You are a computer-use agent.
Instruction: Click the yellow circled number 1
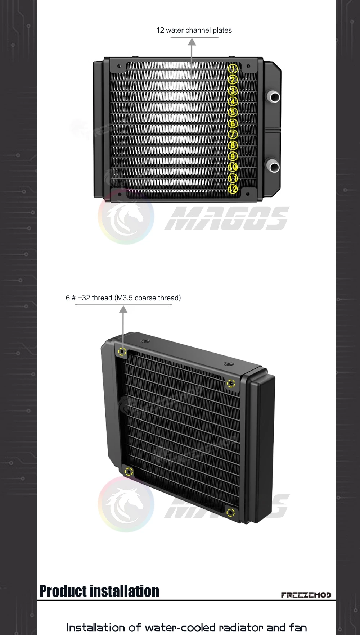coord(233,68)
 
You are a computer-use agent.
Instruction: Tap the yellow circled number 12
coord(233,189)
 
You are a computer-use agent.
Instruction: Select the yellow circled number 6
coord(233,123)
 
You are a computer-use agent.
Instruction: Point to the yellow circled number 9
coord(233,156)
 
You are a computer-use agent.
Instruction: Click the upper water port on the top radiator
coord(274,97)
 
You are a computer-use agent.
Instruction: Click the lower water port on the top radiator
coord(274,167)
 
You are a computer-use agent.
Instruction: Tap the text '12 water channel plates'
coord(194,31)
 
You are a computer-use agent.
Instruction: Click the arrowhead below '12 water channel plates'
coord(192,42)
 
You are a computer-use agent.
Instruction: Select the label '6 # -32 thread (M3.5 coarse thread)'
coord(123,298)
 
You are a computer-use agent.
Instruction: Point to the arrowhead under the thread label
coord(123,309)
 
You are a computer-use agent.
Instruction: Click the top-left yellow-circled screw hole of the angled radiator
coord(122,351)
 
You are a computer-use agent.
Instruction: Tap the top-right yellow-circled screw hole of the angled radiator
coord(231,384)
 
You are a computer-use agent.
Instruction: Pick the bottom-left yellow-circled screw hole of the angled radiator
coord(129,472)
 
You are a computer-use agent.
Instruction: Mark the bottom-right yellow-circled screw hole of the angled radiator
coord(231,512)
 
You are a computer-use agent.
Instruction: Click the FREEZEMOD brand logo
coord(306,595)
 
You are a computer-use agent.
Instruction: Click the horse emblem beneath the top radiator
coord(126,217)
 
